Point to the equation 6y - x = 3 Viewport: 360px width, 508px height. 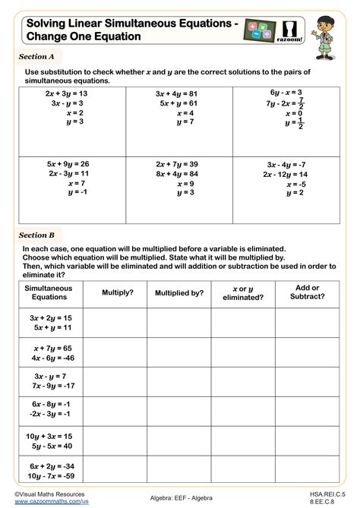click(x=289, y=92)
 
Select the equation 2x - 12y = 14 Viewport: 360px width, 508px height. click(x=289, y=174)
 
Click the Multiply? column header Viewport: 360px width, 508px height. click(x=117, y=292)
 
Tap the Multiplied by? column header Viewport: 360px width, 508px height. click(x=179, y=292)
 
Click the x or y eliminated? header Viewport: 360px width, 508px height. click(x=244, y=292)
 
